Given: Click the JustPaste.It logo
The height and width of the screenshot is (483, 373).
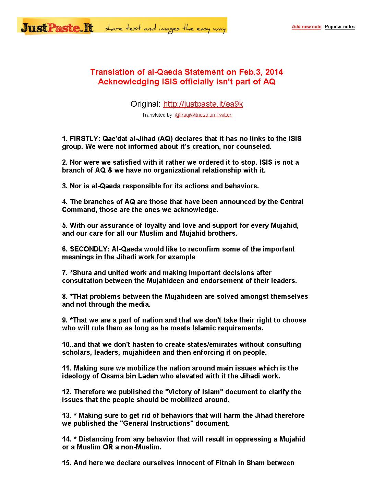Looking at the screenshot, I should (57, 27).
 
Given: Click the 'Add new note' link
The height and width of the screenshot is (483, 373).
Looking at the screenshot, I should (306, 27).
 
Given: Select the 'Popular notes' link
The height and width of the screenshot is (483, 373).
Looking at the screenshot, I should (340, 27).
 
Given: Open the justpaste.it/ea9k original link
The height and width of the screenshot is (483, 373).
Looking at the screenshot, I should (203, 104).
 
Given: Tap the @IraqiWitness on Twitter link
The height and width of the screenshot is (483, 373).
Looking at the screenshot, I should (203, 115).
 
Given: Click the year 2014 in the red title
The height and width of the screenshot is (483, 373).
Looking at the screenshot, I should (274, 72).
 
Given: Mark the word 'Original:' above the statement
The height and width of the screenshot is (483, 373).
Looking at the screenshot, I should (145, 104).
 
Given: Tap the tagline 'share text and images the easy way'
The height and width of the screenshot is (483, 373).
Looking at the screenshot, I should (165, 29).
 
